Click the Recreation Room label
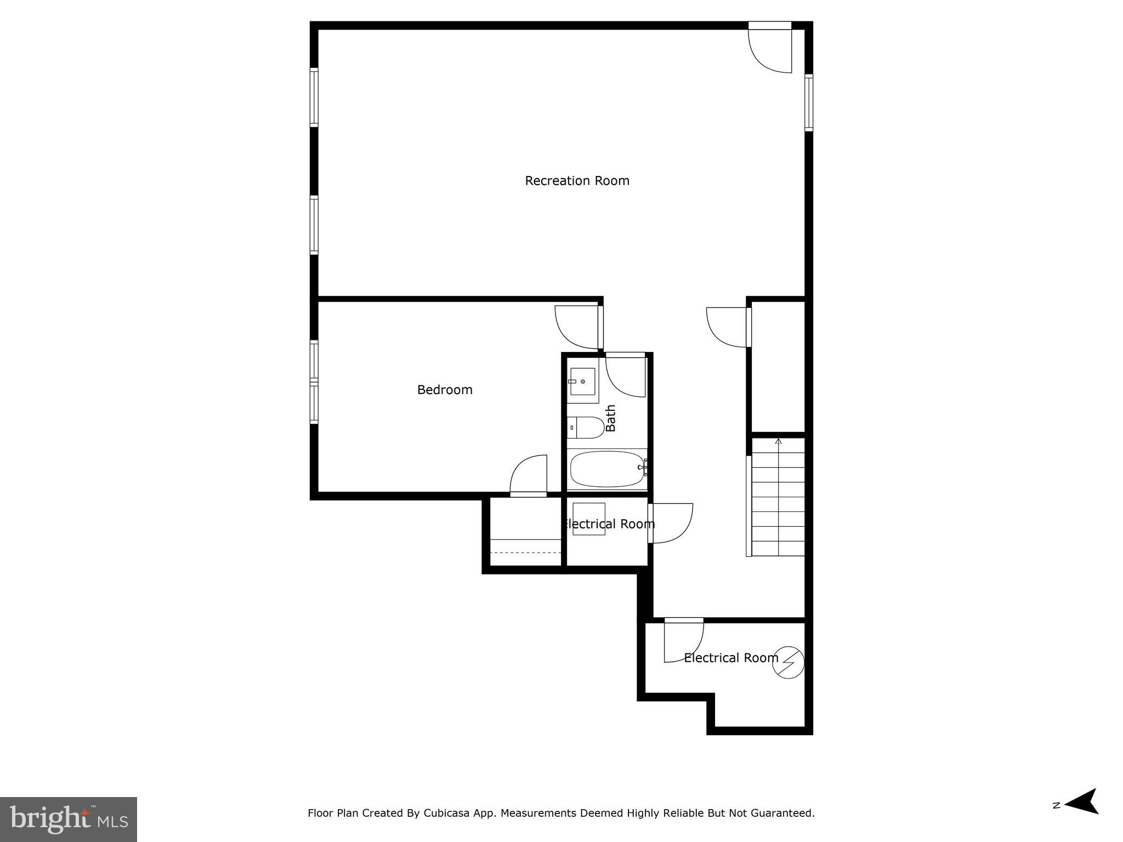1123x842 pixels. click(577, 181)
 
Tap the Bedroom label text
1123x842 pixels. click(445, 390)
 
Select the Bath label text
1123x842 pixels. click(611, 418)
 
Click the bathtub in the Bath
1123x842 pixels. click(607, 469)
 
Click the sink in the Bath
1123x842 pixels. click(582, 382)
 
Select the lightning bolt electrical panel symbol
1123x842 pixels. click(788, 663)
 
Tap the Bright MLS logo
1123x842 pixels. click(69, 819)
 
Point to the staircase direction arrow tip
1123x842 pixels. click(778, 440)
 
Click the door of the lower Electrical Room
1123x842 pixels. click(683, 642)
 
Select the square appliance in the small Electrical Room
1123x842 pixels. click(589, 519)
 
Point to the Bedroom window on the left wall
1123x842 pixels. click(314, 382)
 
